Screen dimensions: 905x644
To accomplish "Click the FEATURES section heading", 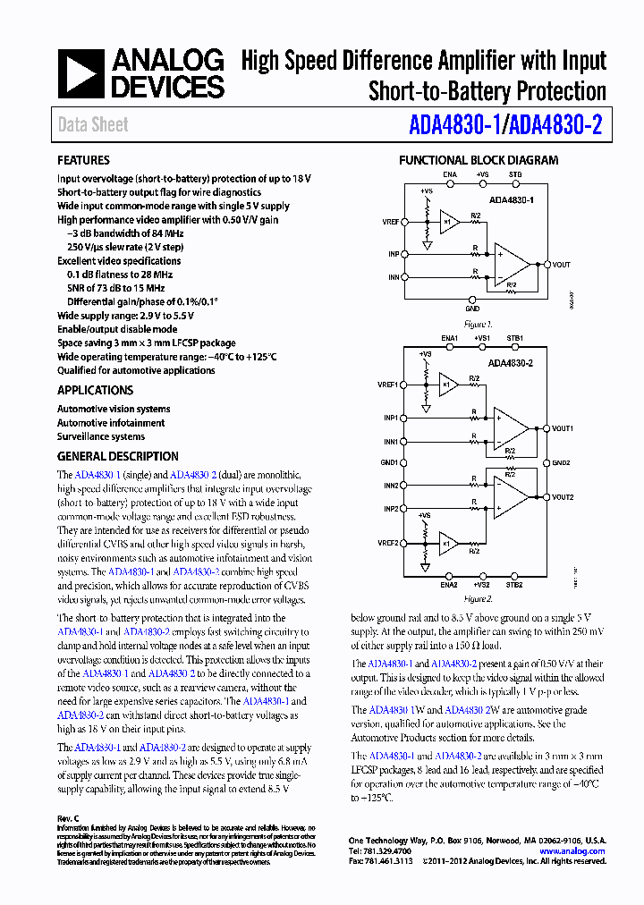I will (83, 160).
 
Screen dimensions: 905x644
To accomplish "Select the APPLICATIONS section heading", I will (95, 390).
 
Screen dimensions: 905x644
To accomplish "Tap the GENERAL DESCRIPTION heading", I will (117, 456).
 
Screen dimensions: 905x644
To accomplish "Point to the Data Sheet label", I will (93, 125).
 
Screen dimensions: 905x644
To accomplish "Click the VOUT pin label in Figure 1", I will (561, 265).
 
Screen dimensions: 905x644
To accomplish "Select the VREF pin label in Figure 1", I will (390, 221).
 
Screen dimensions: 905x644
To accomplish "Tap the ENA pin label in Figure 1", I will (450, 174).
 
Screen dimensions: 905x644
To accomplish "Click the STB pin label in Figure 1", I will (515, 174).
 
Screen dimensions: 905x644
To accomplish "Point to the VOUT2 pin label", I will (563, 496).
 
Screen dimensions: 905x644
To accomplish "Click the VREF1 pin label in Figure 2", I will (387, 385).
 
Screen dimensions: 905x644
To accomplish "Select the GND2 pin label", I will (561, 462).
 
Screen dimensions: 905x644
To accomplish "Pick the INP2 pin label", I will (391, 509).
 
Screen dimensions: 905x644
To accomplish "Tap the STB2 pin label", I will (515, 586).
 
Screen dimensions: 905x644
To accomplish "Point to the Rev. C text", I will (69, 818).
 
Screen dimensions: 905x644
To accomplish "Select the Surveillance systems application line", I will (101, 436).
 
